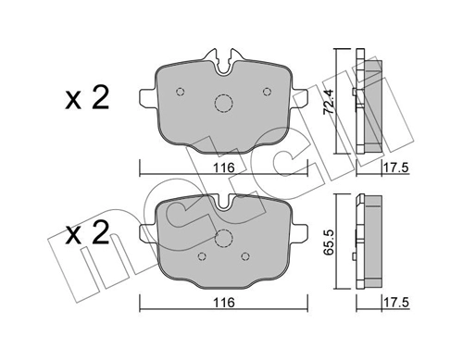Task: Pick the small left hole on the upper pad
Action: pos(181,91)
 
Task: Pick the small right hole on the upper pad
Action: pos(268,91)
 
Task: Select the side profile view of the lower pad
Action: pos(371,239)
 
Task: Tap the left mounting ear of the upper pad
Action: pos(146,96)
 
